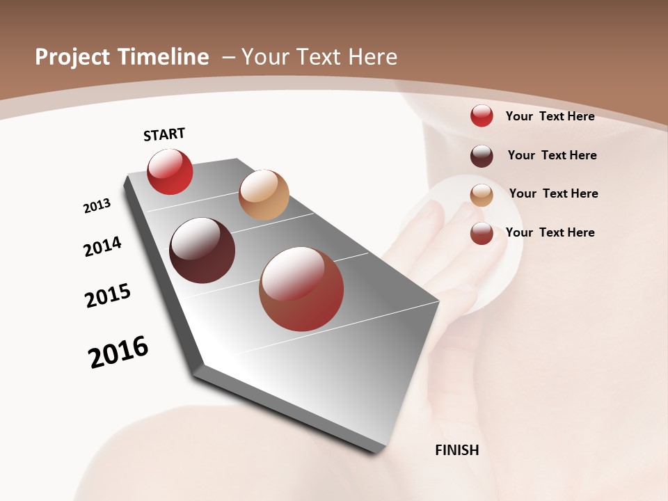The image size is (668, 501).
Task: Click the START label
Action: click(x=164, y=134)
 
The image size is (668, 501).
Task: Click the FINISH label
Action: click(x=457, y=450)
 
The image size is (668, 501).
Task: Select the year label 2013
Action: click(x=97, y=205)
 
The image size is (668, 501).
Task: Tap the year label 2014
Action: click(x=103, y=246)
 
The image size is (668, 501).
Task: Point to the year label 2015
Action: click(x=108, y=296)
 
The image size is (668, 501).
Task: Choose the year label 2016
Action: click(x=118, y=352)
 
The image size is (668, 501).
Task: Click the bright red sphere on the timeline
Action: click(x=170, y=171)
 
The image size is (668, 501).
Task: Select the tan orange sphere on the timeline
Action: click(x=264, y=195)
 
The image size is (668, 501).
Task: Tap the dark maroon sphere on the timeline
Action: click(x=202, y=250)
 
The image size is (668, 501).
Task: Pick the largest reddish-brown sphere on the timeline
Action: click(x=301, y=289)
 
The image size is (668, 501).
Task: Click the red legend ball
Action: click(x=482, y=116)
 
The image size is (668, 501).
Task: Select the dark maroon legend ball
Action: click(x=482, y=155)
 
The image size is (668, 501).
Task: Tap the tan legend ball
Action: click(x=482, y=195)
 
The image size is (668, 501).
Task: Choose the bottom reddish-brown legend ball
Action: click(x=482, y=233)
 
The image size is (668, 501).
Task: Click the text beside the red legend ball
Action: click(x=550, y=116)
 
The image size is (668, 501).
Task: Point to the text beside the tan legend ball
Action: click(x=554, y=193)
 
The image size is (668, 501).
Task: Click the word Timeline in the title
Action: click(x=164, y=57)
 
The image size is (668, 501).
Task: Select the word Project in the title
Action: click(x=72, y=57)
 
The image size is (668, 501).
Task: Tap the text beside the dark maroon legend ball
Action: click(x=552, y=155)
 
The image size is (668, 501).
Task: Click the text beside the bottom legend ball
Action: click(x=550, y=232)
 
